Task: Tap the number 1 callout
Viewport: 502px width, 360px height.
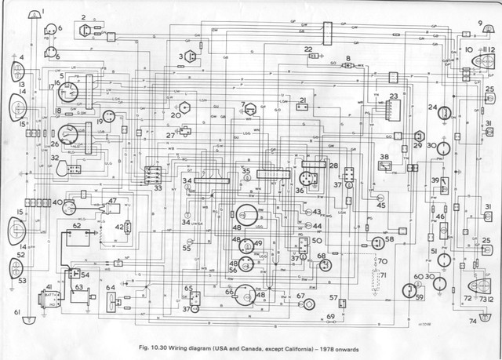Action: [44, 9]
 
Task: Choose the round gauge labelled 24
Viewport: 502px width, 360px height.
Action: [445, 112]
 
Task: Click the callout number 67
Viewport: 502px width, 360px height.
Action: [300, 296]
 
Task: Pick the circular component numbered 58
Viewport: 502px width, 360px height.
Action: [377, 243]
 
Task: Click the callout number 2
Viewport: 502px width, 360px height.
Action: [83, 16]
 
